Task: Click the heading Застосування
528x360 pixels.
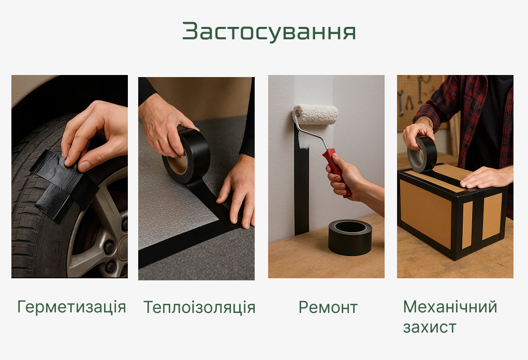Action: tap(269, 32)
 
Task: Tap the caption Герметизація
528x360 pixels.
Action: tap(71, 307)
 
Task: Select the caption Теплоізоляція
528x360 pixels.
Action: tap(199, 307)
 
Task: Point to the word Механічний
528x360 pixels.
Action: tap(450, 307)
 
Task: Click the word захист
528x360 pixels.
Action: tap(429, 327)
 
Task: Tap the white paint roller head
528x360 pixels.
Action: tap(315, 114)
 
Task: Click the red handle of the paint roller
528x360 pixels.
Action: tap(337, 172)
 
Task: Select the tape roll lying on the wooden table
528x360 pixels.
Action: tap(350, 237)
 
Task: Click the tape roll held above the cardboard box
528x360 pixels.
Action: tap(422, 155)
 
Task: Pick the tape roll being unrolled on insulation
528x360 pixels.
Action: tap(186, 156)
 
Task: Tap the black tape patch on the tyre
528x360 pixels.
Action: tap(64, 185)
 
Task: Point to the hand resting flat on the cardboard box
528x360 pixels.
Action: tap(485, 177)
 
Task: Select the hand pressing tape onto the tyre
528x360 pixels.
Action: tap(94, 134)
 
